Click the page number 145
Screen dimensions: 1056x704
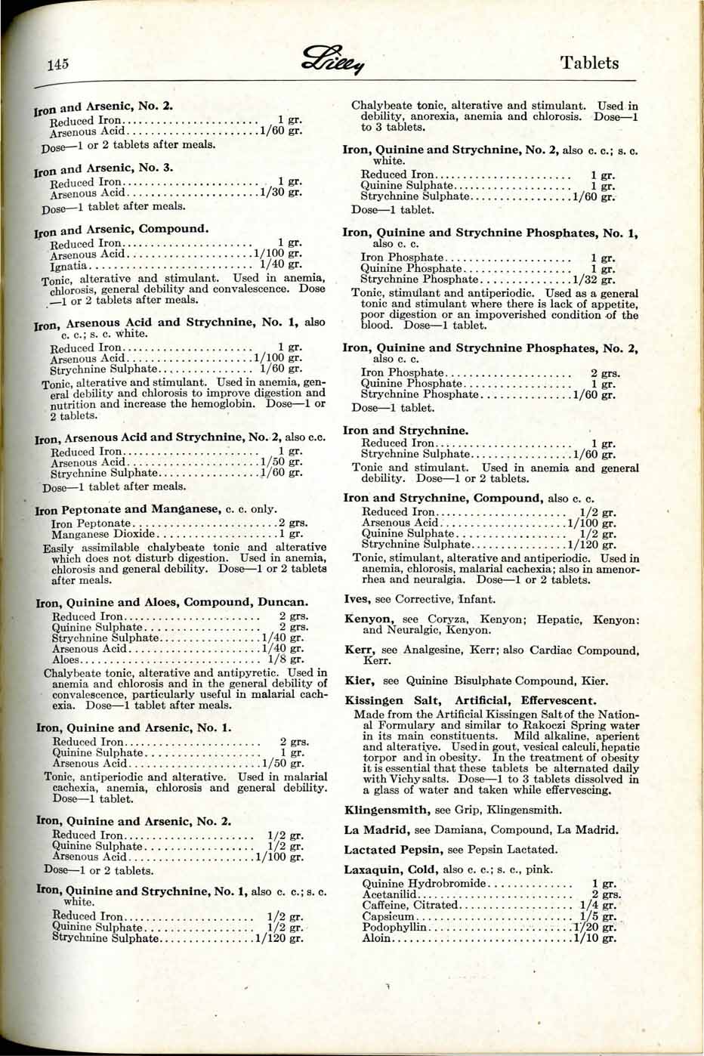[57, 64]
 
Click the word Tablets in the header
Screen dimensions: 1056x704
[589, 63]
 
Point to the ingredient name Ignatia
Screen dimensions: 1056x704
[69, 265]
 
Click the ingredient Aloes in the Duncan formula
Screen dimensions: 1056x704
[66, 659]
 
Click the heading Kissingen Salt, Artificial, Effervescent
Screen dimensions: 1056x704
[470, 700]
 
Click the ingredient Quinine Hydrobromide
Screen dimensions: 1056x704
[424, 883]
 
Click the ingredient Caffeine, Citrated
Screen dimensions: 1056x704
[409, 905]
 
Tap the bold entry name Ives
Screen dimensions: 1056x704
[357, 599]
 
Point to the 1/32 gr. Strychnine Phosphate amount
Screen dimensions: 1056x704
[594, 279]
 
